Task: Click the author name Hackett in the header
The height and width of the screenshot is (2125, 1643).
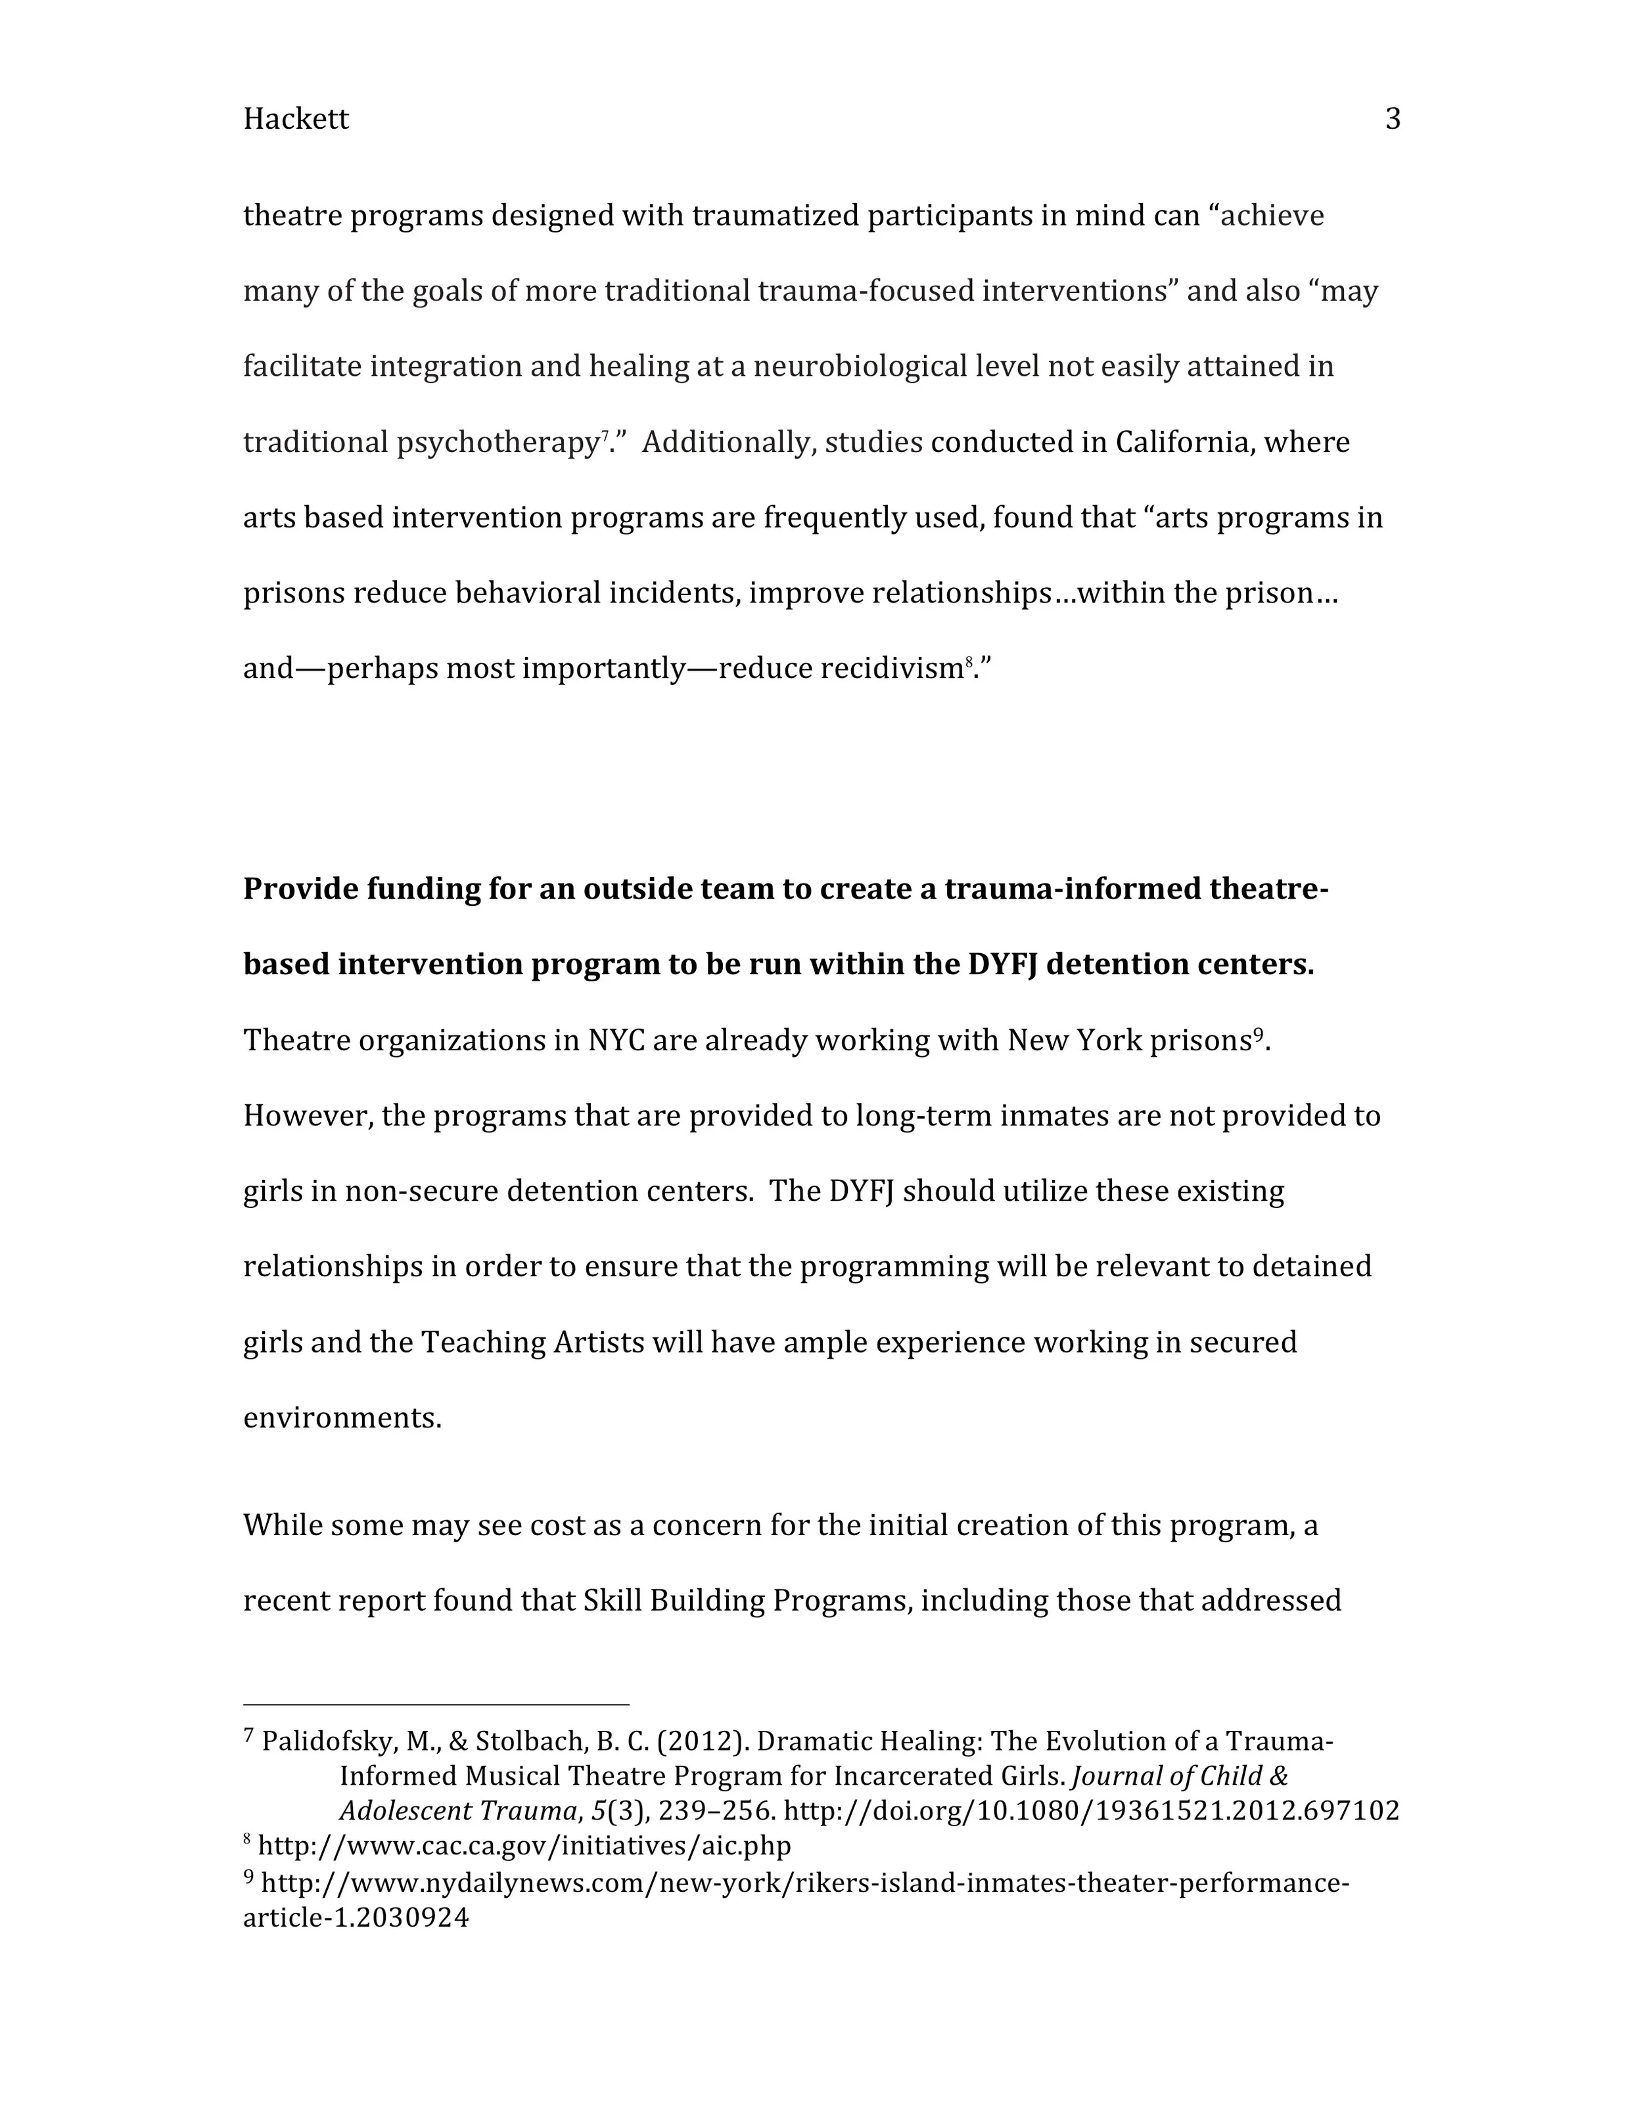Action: pyautogui.click(x=295, y=119)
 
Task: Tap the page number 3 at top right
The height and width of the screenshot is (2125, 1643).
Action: pyautogui.click(x=1393, y=119)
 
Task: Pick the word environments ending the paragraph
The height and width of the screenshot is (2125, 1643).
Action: pyautogui.click(x=342, y=1419)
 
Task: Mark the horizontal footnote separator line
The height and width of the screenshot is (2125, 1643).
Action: pyautogui.click(x=436, y=1705)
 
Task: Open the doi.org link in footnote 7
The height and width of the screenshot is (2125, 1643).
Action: pyautogui.click(x=1091, y=1812)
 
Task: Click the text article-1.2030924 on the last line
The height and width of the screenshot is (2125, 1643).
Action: pyautogui.click(x=356, y=1919)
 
